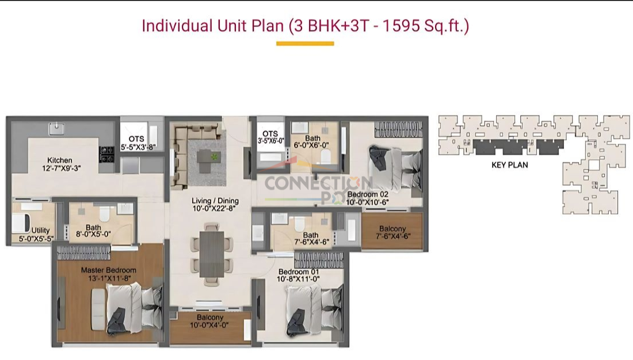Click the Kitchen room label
[60, 160]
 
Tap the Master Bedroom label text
[109, 270]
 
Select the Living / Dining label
[215, 201]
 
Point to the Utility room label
[40, 231]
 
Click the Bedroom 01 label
[299, 271]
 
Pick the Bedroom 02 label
[368, 194]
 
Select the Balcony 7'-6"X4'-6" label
[392, 232]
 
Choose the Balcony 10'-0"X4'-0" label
[210, 321]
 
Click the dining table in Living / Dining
[212, 254]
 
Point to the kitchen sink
[57, 129]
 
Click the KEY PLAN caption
[509, 165]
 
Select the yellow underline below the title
[305, 44]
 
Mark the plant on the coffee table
[214, 156]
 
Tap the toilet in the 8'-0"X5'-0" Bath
[105, 213]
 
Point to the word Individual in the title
[177, 26]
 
